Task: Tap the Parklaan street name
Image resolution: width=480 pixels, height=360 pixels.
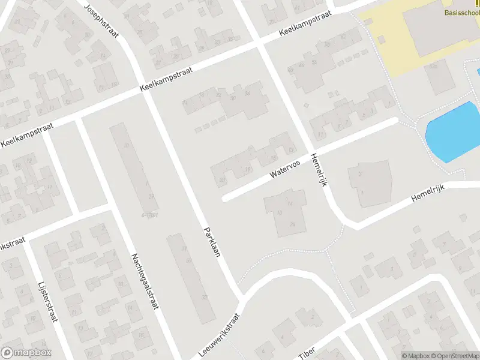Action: coord(212,242)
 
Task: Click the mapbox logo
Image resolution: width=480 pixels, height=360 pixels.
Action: coord(26,353)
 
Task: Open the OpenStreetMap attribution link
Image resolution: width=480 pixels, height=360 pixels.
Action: coord(455,356)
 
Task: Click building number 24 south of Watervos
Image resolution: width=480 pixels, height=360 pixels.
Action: coord(292,223)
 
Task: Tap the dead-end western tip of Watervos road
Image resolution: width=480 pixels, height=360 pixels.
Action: coord(225,198)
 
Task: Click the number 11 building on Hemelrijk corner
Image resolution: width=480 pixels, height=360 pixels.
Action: coord(322,133)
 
